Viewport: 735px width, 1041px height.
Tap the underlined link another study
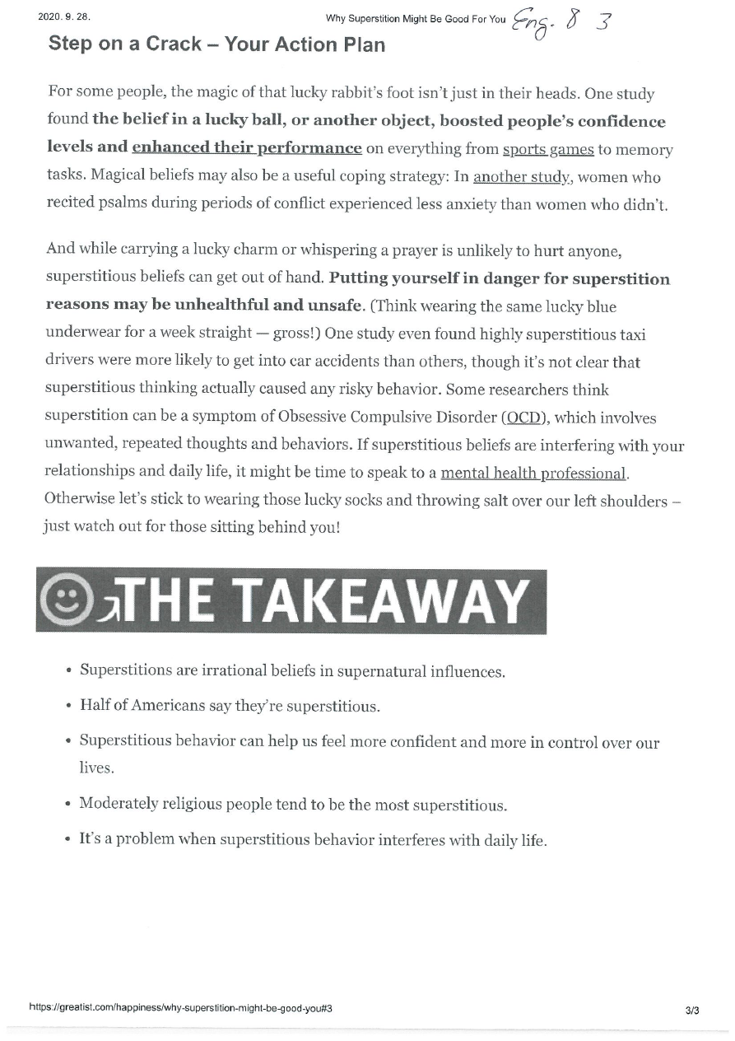pos(521,177)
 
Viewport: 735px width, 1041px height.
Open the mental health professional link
pos(533,474)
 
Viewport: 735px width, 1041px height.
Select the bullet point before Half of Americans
pos(68,707)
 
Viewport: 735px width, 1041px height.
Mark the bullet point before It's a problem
pos(68,841)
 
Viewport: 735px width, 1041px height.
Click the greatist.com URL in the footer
pos(180,1006)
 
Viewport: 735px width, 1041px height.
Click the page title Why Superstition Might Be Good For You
pos(416,19)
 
